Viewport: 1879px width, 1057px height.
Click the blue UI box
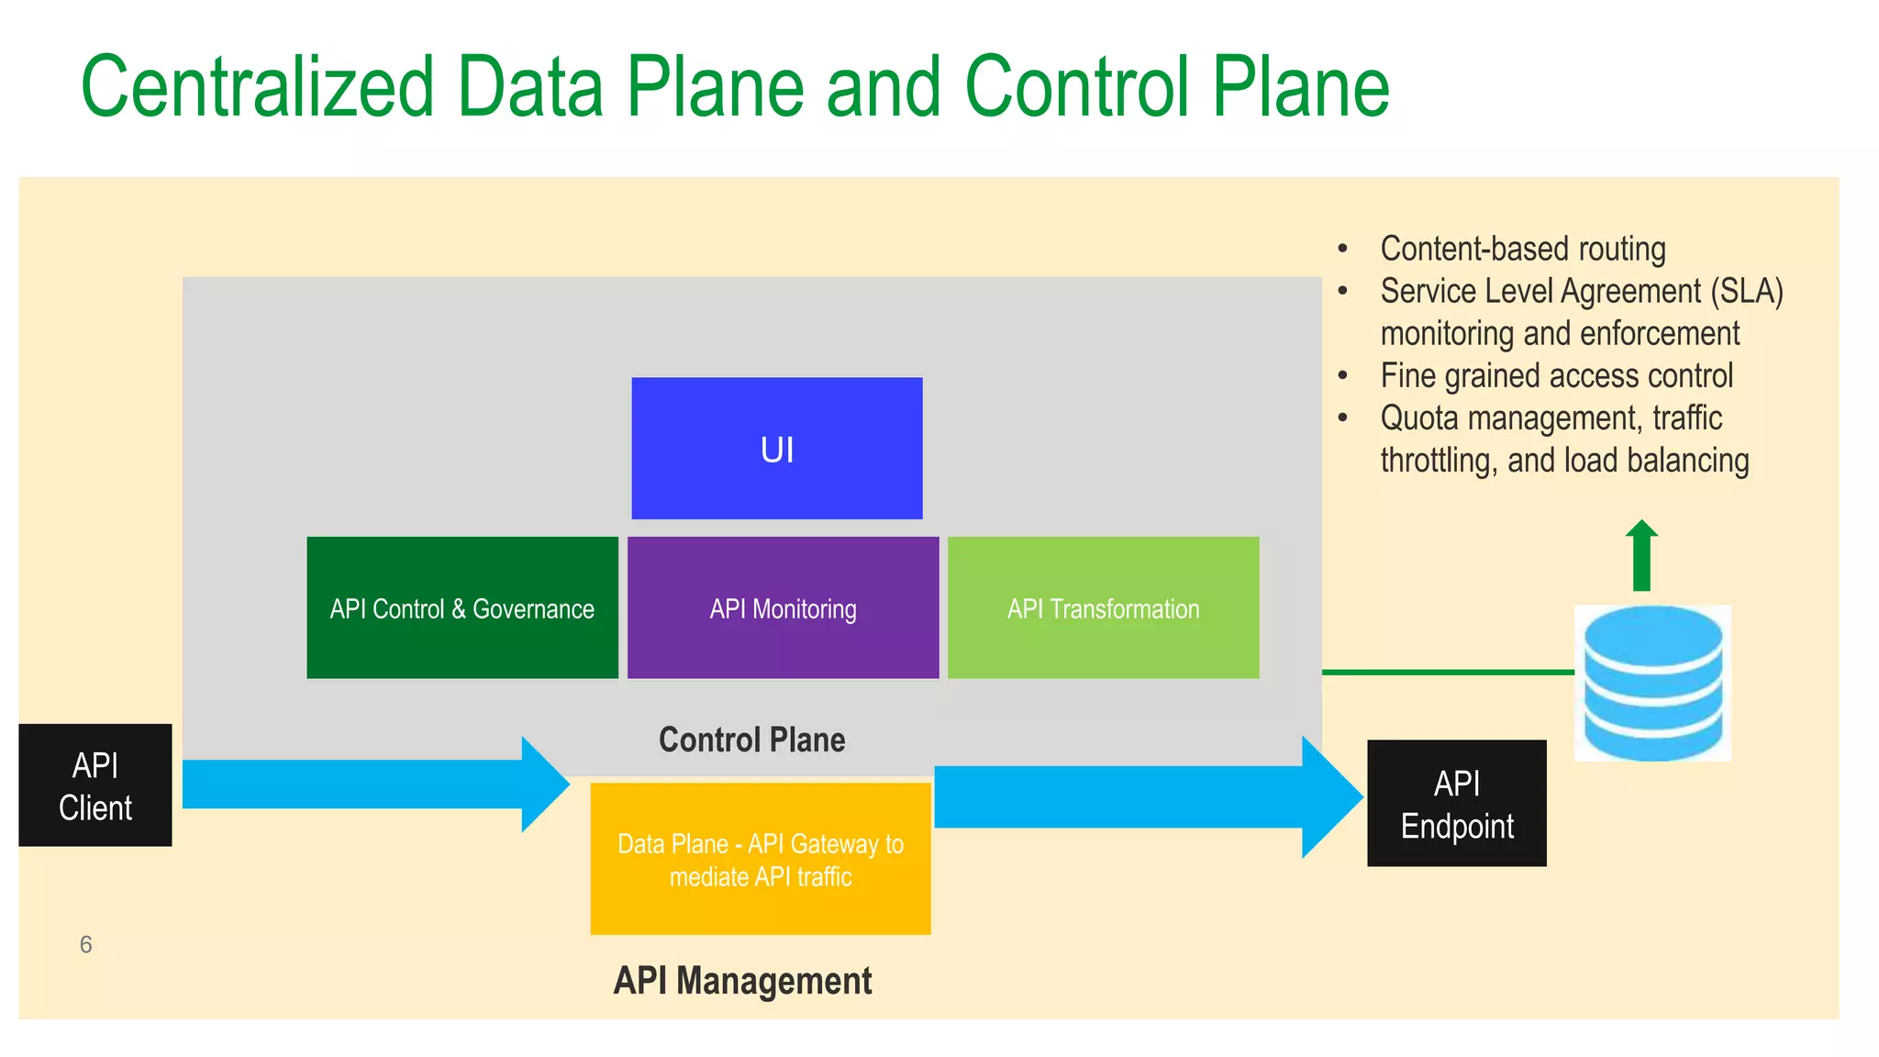point(776,448)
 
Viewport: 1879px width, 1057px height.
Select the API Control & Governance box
point(461,607)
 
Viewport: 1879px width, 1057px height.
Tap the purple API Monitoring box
point(783,607)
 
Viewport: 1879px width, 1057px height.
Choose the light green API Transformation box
point(1103,607)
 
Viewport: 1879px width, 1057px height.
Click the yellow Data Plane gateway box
point(760,859)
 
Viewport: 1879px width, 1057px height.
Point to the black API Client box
point(95,785)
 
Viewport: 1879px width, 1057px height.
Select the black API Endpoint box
point(1456,804)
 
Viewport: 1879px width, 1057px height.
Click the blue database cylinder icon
point(1652,683)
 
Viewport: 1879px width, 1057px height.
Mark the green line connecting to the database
point(1447,673)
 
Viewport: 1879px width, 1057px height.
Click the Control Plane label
point(751,740)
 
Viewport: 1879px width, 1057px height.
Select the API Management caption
point(742,981)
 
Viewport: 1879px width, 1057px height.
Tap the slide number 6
point(85,944)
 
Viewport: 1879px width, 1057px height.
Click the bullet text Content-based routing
point(1522,249)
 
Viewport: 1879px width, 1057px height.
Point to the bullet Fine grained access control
point(1556,375)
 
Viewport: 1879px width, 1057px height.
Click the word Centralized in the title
point(257,87)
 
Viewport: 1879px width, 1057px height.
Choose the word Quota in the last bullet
point(1418,418)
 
